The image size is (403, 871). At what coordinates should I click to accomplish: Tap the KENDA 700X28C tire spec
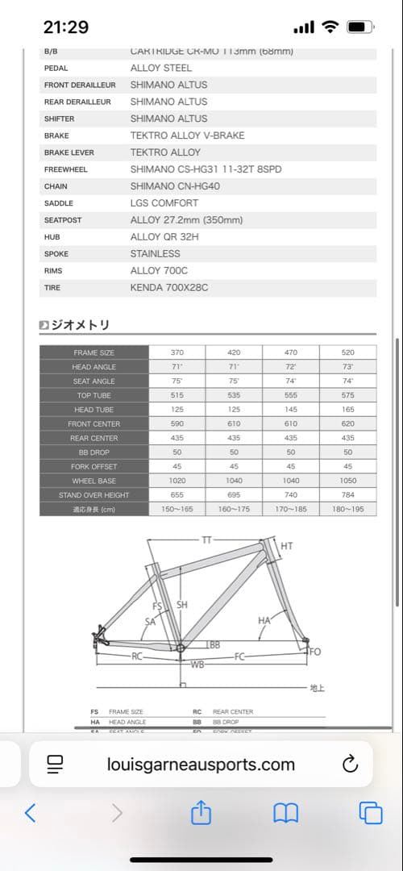pos(169,288)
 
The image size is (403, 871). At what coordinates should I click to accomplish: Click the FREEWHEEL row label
pos(66,170)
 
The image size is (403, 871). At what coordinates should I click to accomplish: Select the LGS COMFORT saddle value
pos(161,203)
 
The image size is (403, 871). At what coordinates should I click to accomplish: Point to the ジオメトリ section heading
pos(80,325)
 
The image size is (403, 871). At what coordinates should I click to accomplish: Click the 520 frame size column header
pos(347,353)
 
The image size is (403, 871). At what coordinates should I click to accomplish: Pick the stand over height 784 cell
pos(347,495)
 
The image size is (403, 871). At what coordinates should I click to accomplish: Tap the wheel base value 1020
pos(177,481)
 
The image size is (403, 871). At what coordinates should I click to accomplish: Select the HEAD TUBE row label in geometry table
pos(94,410)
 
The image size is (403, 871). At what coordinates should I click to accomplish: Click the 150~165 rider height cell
pos(177,509)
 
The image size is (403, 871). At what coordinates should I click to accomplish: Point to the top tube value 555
pos(291,396)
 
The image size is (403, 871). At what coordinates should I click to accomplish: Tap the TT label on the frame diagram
pos(206,538)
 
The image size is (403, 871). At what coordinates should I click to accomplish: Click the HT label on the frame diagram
pos(287,546)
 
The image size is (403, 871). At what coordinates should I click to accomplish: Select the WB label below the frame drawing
pos(197,665)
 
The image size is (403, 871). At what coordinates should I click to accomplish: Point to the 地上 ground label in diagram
pos(318,688)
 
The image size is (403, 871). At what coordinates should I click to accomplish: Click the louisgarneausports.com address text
pos(201,765)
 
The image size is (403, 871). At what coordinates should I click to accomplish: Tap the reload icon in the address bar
pos(350,765)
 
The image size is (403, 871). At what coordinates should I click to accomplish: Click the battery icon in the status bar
pos(357,27)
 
